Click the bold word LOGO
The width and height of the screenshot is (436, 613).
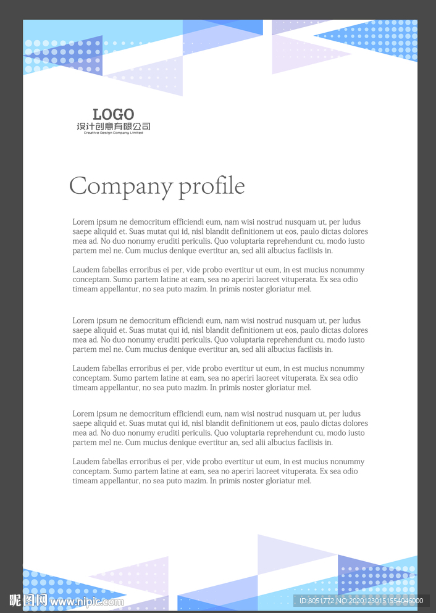[x=113, y=114]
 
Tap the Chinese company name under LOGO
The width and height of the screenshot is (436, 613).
[x=113, y=127]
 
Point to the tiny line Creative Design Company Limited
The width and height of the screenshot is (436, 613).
[x=113, y=133]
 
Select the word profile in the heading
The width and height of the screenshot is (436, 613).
[x=212, y=186]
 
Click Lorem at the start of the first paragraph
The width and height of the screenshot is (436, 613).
[x=83, y=222]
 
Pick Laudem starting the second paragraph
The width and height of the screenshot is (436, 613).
[x=86, y=270]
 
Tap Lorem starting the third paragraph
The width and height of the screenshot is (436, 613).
[x=83, y=321]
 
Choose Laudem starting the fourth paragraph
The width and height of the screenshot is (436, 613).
[x=86, y=369]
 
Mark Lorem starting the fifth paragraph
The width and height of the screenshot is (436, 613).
[x=83, y=414]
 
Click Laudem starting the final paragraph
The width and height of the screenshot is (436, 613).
[x=86, y=462]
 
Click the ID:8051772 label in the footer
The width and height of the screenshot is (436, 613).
[x=316, y=601]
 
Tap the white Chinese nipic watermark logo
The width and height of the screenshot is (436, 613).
[x=28, y=600]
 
